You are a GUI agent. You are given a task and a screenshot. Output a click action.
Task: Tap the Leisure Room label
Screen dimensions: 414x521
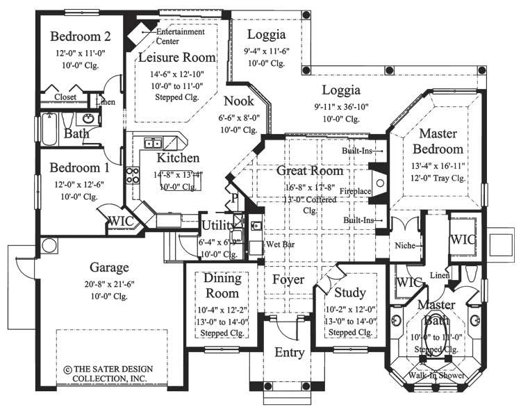[177, 57]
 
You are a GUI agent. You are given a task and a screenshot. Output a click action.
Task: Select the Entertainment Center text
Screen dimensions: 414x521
[180, 36]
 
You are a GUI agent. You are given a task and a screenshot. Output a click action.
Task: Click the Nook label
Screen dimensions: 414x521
[238, 101]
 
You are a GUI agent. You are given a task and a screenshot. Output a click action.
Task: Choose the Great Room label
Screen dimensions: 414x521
[309, 170]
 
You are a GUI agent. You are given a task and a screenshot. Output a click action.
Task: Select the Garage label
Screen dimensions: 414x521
[110, 267]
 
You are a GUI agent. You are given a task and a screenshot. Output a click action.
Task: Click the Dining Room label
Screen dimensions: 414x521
[222, 285]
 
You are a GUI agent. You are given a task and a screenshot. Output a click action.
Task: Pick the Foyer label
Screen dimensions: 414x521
[288, 280]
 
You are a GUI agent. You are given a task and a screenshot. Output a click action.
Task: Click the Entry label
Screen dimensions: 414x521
[289, 352]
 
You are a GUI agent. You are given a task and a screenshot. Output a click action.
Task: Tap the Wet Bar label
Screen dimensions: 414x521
[276, 245]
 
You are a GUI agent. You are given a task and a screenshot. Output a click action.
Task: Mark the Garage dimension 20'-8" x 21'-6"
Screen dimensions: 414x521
[110, 283]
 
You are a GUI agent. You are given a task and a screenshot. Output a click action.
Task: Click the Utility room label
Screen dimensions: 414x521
[220, 224]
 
